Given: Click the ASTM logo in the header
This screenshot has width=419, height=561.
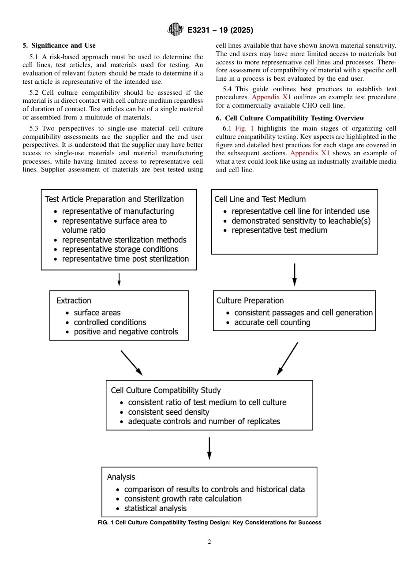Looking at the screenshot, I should (x=176, y=30).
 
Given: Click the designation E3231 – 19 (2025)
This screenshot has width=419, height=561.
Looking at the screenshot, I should (x=220, y=30).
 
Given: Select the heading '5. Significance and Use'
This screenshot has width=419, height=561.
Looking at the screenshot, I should (x=59, y=45).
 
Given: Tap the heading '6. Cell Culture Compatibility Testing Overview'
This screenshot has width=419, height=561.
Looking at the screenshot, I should (x=290, y=118).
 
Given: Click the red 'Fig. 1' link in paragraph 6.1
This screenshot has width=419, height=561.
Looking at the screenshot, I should (x=244, y=128).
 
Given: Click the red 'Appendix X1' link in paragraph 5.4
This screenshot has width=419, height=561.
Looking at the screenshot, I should (x=271, y=97).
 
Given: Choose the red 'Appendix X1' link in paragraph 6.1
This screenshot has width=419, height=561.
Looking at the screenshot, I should (x=310, y=153).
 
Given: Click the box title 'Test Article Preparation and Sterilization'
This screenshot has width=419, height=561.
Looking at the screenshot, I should (x=114, y=199).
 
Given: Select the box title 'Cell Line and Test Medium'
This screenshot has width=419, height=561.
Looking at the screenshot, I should (x=260, y=199).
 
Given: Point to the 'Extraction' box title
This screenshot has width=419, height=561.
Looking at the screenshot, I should (x=74, y=300).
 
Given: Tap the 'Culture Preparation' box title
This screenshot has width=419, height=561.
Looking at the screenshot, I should (x=250, y=300).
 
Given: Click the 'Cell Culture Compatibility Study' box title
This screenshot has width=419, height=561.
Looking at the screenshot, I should (x=165, y=390).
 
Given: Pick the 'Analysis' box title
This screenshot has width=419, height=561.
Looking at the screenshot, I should (x=121, y=477).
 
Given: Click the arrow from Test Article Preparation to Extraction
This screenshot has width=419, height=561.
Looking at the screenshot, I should (x=119, y=279).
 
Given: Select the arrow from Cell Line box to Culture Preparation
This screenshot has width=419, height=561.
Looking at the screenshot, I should (x=295, y=274).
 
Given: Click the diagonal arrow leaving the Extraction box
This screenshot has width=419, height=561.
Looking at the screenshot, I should (x=131, y=363).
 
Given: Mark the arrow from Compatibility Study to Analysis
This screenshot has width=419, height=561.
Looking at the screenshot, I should (x=209, y=448).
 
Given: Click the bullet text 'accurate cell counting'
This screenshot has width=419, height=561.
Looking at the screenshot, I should (x=272, y=322).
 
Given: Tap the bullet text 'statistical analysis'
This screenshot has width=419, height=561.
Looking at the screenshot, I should (x=155, y=508).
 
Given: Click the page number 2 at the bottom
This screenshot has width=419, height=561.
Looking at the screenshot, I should (x=209, y=542).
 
